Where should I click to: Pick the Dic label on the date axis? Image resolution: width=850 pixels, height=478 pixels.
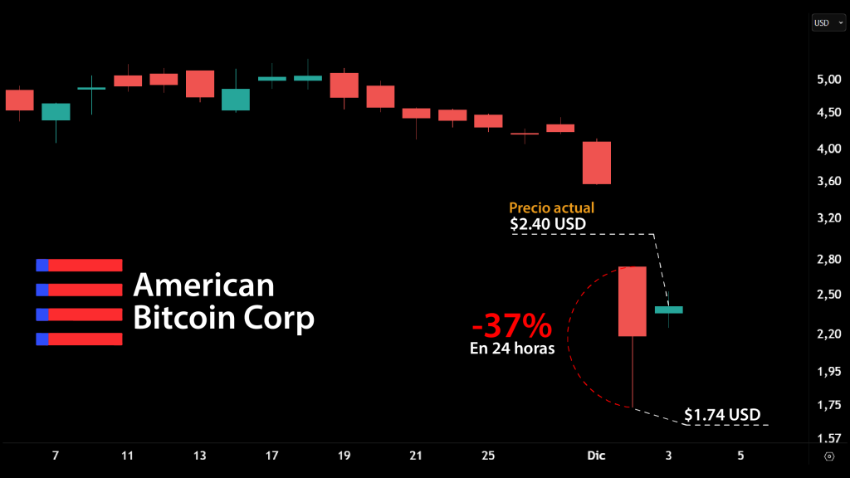point(596,456)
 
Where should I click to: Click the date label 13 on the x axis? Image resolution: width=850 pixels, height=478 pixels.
point(200,456)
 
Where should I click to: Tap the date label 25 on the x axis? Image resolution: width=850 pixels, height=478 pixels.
point(488,456)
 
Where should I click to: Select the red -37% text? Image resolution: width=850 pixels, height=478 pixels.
point(512,324)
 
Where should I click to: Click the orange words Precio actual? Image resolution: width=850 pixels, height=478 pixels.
point(551,208)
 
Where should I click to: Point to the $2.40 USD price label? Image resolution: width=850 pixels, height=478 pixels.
point(546,224)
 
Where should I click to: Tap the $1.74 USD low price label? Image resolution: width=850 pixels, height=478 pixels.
point(722,414)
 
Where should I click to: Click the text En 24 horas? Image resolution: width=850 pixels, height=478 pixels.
point(512,349)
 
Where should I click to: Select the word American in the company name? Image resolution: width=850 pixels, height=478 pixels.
point(203,285)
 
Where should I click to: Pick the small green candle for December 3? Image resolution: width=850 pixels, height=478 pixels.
point(668,310)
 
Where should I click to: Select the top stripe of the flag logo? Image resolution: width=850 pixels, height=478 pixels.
point(79,265)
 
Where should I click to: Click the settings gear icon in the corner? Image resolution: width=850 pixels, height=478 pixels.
point(828,456)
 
